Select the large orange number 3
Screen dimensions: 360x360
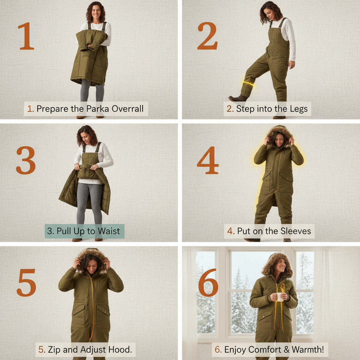coord(26,160)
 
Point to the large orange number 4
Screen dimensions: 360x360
coord(207,160)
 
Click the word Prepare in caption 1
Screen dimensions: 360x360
coord(52,109)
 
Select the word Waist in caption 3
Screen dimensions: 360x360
coord(109,231)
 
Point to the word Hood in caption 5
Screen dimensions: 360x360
coord(121,350)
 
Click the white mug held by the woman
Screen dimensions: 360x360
coord(279,297)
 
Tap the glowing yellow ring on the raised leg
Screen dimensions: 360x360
coord(249,84)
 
